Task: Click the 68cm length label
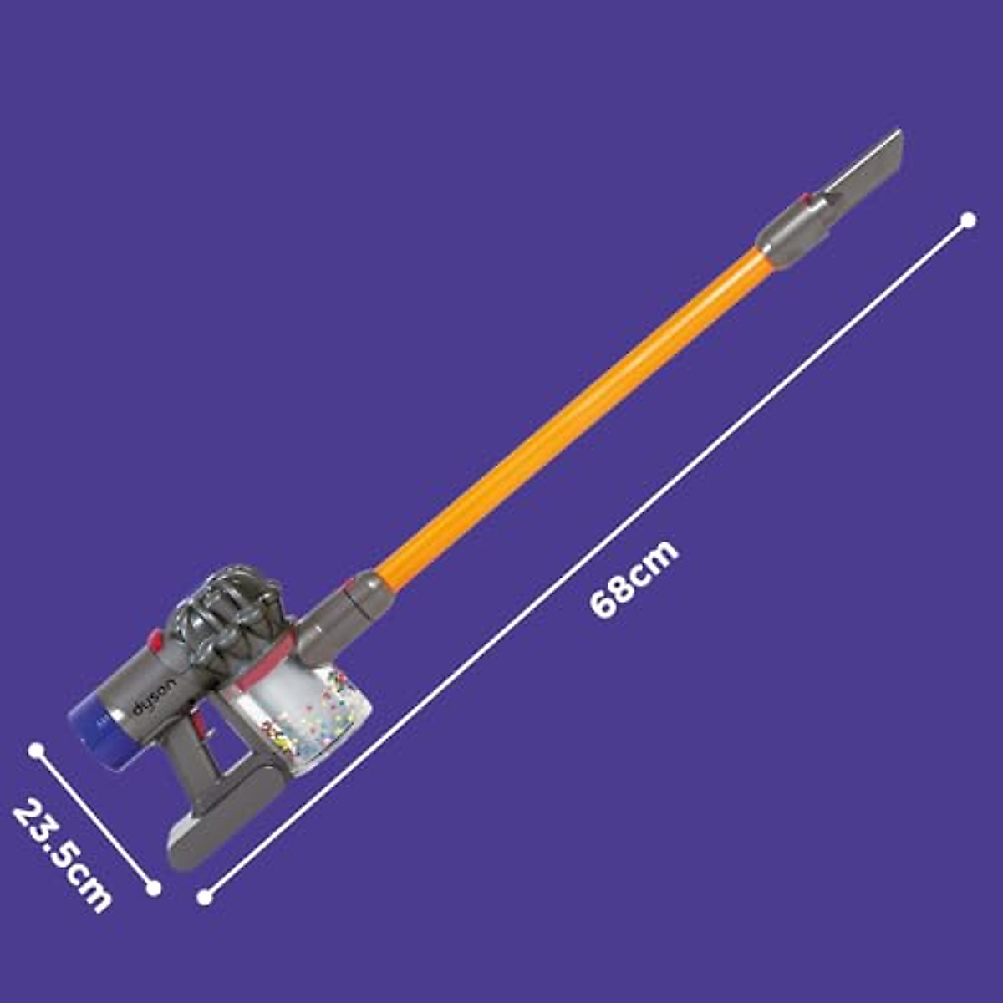point(634,578)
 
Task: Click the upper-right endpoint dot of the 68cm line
point(968,220)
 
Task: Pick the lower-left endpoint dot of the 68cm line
point(205,898)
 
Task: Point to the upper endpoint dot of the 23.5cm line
point(35,750)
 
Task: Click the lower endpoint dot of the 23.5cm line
point(153,888)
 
